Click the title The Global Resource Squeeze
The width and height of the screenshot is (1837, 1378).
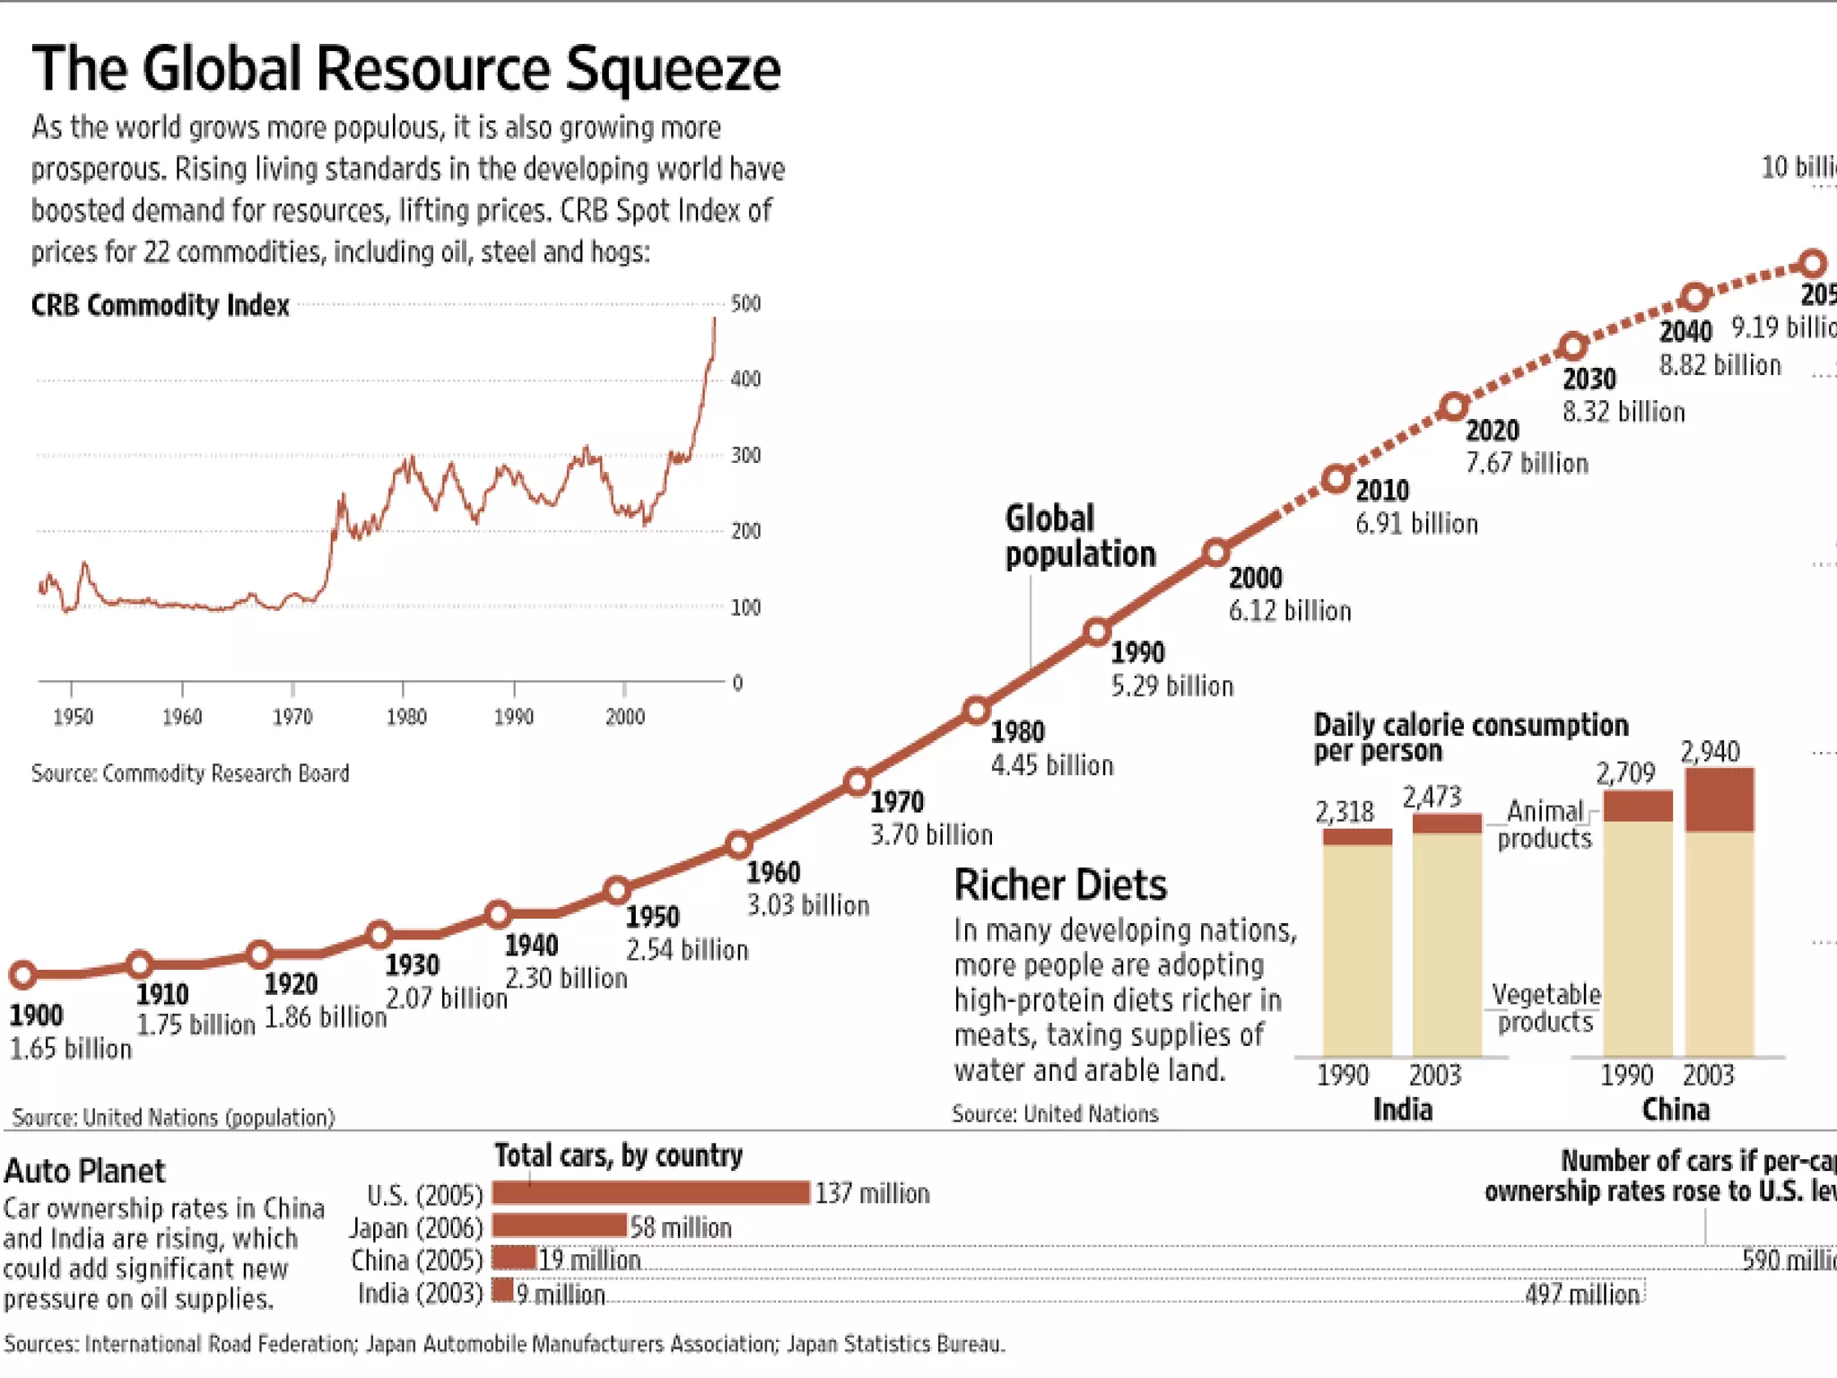(406, 68)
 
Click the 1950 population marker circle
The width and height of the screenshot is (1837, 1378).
(617, 890)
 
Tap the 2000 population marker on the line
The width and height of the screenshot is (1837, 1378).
(1215, 553)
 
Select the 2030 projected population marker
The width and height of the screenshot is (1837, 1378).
(1573, 346)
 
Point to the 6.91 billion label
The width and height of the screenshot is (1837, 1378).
(1416, 524)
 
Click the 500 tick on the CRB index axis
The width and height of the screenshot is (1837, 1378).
(745, 303)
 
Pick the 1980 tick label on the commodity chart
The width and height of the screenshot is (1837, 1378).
(405, 717)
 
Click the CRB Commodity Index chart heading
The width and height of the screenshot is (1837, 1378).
(161, 306)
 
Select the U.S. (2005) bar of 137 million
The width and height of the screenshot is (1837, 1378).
(651, 1192)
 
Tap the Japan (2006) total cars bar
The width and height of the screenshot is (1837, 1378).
(559, 1225)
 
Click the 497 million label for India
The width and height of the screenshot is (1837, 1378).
(1582, 1295)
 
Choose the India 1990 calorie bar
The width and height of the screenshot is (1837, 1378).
(1357, 942)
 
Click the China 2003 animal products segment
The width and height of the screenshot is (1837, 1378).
(1719, 800)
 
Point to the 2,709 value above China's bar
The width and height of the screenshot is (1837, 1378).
(1625, 772)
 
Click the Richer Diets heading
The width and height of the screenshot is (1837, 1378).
(1060, 885)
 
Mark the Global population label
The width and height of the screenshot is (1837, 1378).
(1080, 536)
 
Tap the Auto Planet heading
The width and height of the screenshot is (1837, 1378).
(84, 1171)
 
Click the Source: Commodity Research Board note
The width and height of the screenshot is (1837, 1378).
(190, 773)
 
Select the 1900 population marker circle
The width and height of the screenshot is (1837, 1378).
(23, 973)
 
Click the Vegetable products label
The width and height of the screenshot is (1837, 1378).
(1545, 1008)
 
